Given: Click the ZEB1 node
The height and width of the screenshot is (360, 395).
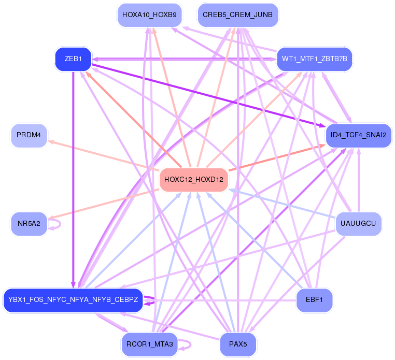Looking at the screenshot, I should [x=73, y=59].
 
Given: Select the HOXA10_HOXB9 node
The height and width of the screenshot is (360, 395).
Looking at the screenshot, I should [x=149, y=15].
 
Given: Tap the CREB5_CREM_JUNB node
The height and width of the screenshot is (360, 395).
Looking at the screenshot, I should [x=238, y=15].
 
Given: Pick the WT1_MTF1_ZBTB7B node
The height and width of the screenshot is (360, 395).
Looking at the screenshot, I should [x=314, y=59].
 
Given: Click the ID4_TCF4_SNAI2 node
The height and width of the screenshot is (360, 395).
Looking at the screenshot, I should [x=358, y=135].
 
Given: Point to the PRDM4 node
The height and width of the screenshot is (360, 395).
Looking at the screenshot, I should [x=29, y=135].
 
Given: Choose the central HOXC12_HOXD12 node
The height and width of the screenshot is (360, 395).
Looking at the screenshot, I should [x=193, y=180].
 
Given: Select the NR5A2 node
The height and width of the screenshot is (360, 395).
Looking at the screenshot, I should [x=29, y=224].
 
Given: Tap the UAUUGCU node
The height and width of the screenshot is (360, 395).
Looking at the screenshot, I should [x=358, y=224].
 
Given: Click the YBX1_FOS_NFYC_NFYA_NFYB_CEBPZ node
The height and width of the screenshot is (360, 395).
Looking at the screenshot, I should [x=73, y=300].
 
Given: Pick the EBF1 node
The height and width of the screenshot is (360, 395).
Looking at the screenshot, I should [x=314, y=300].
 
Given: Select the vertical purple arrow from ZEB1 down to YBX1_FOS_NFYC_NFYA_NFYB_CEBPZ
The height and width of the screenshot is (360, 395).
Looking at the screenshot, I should [x=73, y=176].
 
